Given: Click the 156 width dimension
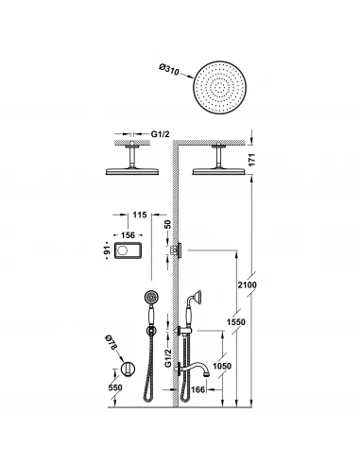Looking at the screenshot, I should pos(127,235).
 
